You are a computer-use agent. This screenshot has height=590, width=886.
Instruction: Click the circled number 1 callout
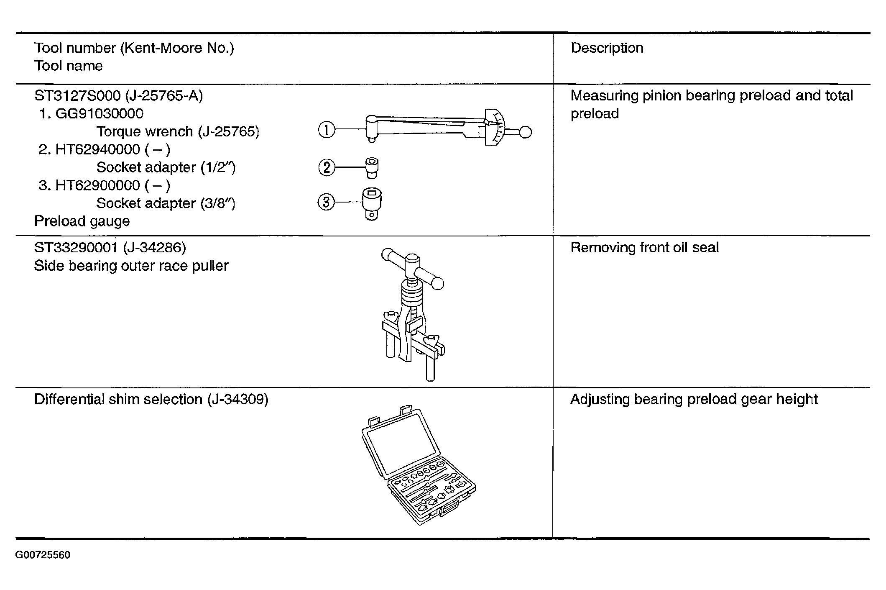click(326, 129)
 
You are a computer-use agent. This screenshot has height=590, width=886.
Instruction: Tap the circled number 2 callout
click(327, 168)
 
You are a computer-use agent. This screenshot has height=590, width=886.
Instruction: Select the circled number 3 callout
click(326, 203)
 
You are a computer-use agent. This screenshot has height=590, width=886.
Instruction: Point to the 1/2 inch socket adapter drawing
click(372, 168)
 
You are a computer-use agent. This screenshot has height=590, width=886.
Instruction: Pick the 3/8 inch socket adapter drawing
click(372, 203)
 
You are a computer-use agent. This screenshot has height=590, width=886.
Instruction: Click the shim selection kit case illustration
click(418, 465)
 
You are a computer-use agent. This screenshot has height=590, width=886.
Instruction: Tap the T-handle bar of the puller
click(413, 268)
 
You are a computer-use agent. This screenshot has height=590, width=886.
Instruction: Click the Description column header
click(607, 48)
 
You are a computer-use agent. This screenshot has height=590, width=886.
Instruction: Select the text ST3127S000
click(77, 96)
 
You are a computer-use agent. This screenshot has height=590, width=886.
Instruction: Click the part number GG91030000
click(100, 114)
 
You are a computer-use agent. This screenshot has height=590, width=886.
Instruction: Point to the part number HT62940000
click(98, 149)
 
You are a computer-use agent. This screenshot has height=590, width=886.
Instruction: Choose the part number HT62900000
click(98, 185)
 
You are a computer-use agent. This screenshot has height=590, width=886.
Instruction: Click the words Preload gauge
click(82, 221)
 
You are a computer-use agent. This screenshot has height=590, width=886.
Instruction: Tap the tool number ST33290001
click(76, 248)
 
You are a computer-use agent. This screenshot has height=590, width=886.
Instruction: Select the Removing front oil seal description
click(645, 248)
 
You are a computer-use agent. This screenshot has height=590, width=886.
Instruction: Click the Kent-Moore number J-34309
click(237, 400)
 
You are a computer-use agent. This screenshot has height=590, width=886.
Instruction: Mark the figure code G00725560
click(43, 555)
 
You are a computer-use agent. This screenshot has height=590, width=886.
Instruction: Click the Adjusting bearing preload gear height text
click(694, 400)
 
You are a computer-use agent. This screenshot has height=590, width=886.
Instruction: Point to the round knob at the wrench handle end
click(526, 132)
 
